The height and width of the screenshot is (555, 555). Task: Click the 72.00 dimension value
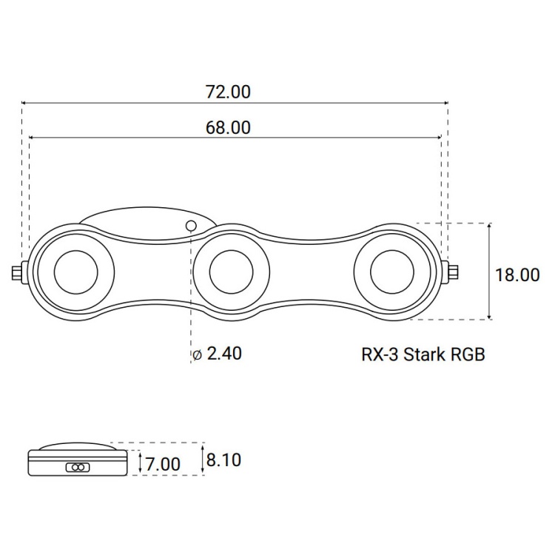pyautogui.click(x=227, y=92)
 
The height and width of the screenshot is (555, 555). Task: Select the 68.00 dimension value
pyautogui.click(x=227, y=127)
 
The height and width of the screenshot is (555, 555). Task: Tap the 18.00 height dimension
pyautogui.click(x=517, y=275)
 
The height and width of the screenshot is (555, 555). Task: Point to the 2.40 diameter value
pyautogui.click(x=224, y=354)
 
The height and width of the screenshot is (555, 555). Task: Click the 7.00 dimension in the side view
pyautogui.click(x=163, y=464)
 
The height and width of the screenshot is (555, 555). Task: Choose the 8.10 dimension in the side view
pyautogui.click(x=223, y=460)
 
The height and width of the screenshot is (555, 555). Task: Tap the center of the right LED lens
pyautogui.click(x=390, y=272)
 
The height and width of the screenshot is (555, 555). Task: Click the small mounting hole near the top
pyautogui.click(x=191, y=226)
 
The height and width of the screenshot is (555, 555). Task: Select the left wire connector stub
pyautogui.click(x=17, y=273)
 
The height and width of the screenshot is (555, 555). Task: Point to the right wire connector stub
pyautogui.click(x=452, y=273)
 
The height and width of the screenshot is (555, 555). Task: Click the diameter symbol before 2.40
pyautogui.click(x=197, y=355)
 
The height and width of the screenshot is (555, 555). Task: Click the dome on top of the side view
pyautogui.click(x=77, y=447)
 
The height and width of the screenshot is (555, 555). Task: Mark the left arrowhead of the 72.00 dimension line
pyautogui.click(x=24, y=103)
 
